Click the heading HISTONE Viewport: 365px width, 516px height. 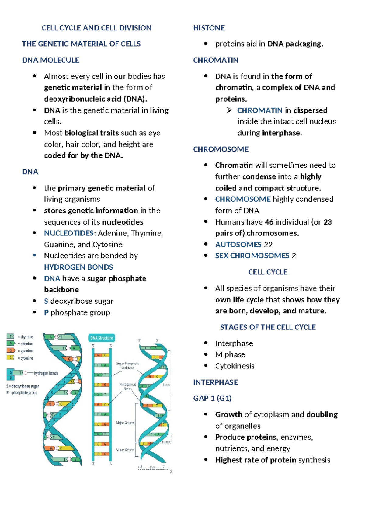(x=209, y=28)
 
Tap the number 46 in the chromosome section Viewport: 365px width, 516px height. (x=269, y=222)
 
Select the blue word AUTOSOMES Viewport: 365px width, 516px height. (x=238, y=245)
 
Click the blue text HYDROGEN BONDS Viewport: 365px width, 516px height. (x=78, y=267)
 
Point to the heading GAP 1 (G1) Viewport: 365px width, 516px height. (x=212, y=398)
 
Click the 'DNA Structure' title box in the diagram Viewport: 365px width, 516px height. (x=102, y=338)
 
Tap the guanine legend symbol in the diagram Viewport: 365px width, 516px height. (x=11, y=350)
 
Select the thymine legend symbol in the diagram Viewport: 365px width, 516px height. (x=11, y=336)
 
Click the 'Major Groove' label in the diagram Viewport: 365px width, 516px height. (x=125, y=423)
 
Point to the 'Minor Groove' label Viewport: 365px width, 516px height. (x=125, y=450)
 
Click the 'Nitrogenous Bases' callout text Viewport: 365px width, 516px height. (x=128, y=386)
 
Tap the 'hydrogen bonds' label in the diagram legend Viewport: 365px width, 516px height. (x=46, y=373)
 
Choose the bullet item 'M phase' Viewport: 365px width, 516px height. (x=230, y=354)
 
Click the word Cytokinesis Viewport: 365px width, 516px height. (x=235, y=366)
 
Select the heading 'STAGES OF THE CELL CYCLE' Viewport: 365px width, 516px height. (x=268, y=327)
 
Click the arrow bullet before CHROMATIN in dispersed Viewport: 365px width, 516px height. (x=230, y=110)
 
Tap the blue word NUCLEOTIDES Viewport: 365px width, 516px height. (x=68, y=233)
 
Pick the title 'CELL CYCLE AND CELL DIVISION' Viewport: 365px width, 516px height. (x=96, y=28)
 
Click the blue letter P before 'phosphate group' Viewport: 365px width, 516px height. (x=46, y=312)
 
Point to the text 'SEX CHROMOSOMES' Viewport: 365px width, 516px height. (x=252, y=256)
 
